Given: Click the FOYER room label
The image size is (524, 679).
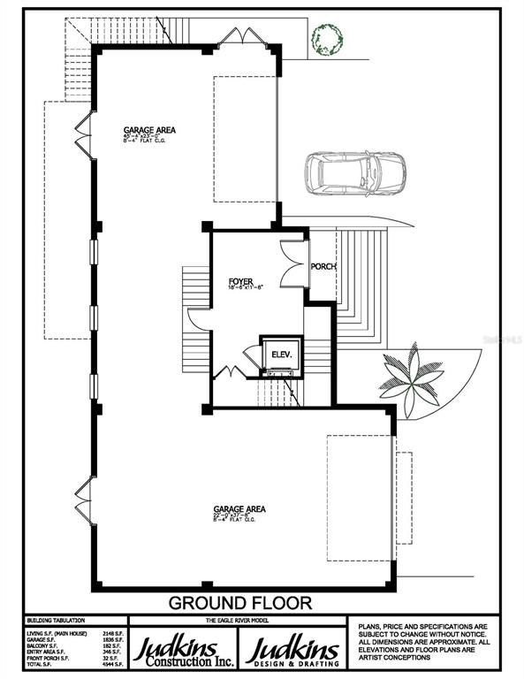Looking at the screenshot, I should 241,282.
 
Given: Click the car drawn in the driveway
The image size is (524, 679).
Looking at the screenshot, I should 356,173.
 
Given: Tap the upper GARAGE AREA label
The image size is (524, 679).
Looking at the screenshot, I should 148,130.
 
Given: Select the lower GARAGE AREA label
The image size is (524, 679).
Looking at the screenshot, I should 239,509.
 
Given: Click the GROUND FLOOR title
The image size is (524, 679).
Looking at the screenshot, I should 240,604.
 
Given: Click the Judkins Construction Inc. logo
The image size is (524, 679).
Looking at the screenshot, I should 183,651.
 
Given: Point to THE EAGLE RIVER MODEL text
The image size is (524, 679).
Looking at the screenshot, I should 239,621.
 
